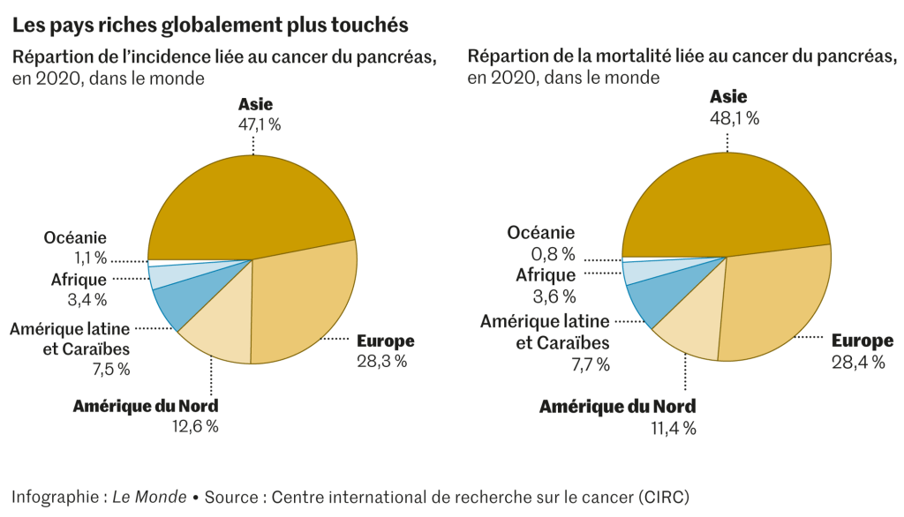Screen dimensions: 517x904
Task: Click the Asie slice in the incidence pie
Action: [x=252, y=203]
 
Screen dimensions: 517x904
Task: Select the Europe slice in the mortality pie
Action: [x=777, y=300]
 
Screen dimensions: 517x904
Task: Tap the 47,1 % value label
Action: [x=259, y=125]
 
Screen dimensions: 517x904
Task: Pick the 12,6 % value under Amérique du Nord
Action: [x=195, y=427]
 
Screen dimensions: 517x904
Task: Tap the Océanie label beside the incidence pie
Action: [x=75, y=237]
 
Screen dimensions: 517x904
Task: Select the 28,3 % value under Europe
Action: [x=383, y=362]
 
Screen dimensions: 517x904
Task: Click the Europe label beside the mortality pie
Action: [x=863, y=341]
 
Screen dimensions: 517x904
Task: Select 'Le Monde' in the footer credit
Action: [x=149, y=497]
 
